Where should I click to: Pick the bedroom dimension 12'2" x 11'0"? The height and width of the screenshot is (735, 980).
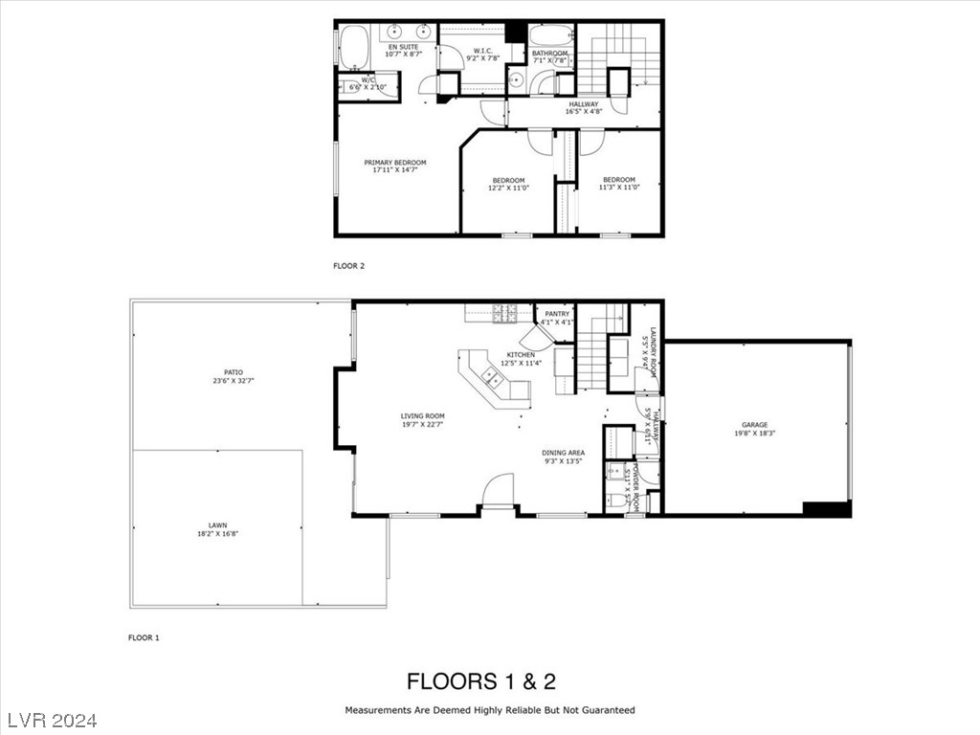tap(508, 189)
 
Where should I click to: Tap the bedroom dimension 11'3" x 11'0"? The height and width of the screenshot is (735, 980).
tap(618, 188)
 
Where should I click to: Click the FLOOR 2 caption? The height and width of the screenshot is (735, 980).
tap(348, 265)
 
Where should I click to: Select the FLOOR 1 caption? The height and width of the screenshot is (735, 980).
tap(144, 636)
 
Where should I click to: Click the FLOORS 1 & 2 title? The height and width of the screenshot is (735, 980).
tap(481, 681)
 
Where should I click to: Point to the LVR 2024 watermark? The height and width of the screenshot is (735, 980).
tap(57, 719)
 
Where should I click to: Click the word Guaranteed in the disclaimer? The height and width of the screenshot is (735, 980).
tap(606, 710)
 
